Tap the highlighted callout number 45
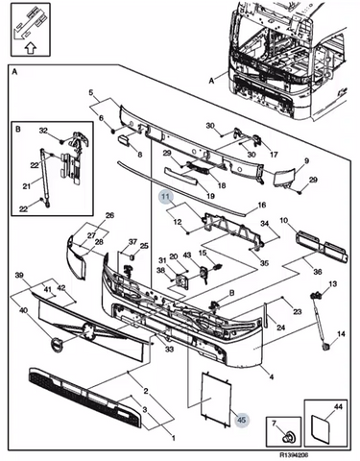pos(242,420)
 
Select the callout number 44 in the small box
pos(338,406)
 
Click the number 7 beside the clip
pos(274,424)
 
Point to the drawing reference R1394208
pos(294,454)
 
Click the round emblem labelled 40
pos(58,346)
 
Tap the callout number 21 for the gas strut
pos(27,185)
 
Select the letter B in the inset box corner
pos(18,129)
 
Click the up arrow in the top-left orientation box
pos(31,48)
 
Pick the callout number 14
pos(341,334)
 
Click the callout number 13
pos(332,283)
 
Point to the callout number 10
pos(284,220)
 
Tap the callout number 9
pos(306,160)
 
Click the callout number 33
pos(169,349)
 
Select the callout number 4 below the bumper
pos(272,376)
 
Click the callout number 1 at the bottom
pos(173,438)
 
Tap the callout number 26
pos(109,215)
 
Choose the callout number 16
pos(262,205)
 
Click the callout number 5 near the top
pos(91,93)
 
